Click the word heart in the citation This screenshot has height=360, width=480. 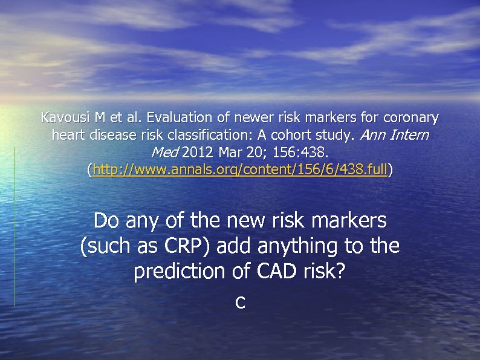click(x=68, y=135)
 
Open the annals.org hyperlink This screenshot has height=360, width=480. click(x=240, y=171)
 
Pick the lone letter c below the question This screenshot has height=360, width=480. click(x=240, y=303)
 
